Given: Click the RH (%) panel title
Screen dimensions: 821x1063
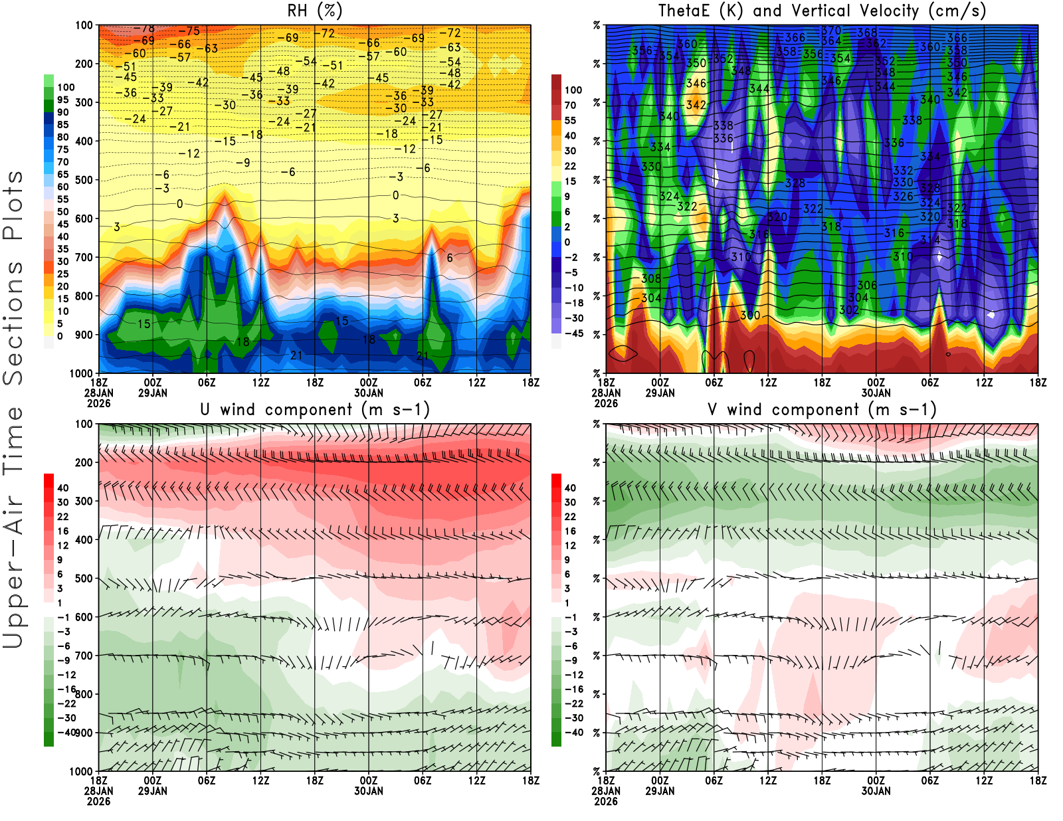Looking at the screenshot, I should point(314,11).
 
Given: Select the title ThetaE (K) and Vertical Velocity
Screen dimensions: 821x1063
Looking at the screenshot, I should point(822,11).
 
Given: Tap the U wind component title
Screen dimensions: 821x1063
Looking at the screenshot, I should point(315,409).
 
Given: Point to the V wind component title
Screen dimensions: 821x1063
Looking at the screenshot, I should point(822,409).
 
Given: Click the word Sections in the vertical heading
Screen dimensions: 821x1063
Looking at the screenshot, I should point(13,323).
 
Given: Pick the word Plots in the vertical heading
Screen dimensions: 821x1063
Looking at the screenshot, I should point(13,205).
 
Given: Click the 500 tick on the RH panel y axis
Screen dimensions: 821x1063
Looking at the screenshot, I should point(84,180).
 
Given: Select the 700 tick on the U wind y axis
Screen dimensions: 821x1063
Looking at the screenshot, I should point(84,656).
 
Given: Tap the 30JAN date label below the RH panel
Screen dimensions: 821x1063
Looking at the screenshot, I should point(368,393).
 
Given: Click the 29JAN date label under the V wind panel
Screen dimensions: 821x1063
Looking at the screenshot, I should point(660,791).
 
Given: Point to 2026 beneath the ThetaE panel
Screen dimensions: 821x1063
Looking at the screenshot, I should point(605,403).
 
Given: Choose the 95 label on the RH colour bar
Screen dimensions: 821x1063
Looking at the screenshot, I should point(63,100).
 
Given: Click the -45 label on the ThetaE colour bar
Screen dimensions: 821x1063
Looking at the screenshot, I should point(573,333).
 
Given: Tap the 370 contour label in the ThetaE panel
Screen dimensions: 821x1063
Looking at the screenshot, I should point(831,31).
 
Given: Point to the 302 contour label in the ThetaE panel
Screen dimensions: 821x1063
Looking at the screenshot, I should point(848,310).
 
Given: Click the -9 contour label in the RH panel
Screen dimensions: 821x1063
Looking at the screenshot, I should point(244,163).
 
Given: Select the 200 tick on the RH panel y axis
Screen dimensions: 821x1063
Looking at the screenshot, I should point(84,64).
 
